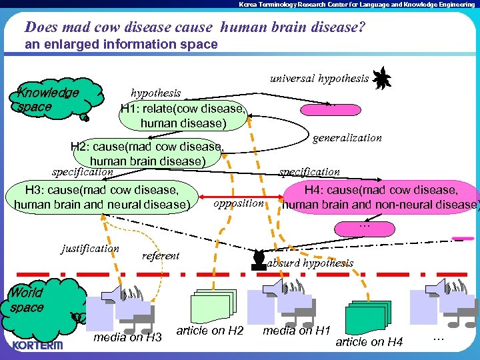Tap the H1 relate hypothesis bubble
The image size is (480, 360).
[x=183, y=116]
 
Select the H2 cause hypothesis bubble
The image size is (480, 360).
[x=147, y=154]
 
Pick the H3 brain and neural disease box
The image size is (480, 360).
[x=102, y=197]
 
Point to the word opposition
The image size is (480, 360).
[x=239, y=203]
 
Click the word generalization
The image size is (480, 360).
[x=347, y=138]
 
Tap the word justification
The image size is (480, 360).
[x=90, y=249]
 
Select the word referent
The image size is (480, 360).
[x=161, y=255]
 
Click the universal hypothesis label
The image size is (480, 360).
[x=319, y=79]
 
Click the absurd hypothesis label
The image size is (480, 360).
[x=310, y=263]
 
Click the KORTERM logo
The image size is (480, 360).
[x=37, y=345]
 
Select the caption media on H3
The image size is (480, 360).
[x=127, y=337]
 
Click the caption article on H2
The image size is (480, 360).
[x=210, y=331]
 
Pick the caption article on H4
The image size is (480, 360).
[x=369, y=342]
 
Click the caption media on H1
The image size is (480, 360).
[x=297, y=331]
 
